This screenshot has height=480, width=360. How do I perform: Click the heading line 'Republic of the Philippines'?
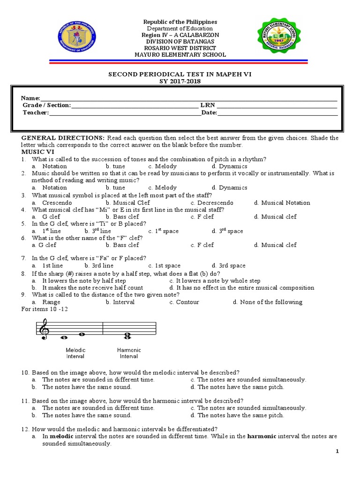pyautogui.click(x=180, y=22)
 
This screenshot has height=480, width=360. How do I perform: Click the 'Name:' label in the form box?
pyautogui.click(x=30, y=98)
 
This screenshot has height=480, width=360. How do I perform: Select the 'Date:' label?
pyautogui.click(x=209, y=112)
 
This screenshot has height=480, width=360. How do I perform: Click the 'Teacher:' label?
pyautogui.click(x=36, y=112)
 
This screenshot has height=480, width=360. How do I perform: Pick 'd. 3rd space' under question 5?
pyautogui.click(x=227, y=231)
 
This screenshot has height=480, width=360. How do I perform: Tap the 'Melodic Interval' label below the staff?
pyautogui.click(x=75, y=353)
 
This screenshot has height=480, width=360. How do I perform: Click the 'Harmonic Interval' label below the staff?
pyautogui.click(x=129, y=353)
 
